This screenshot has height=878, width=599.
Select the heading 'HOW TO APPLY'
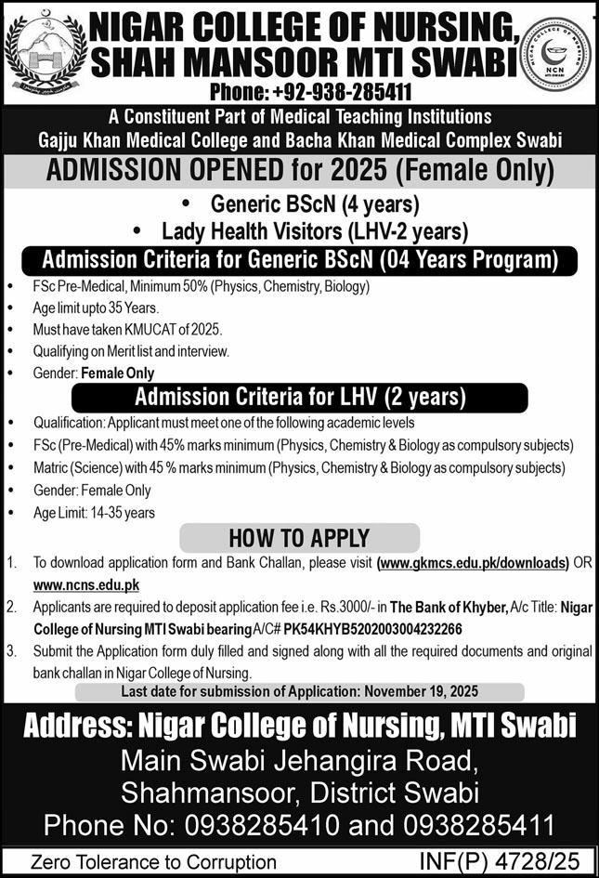point(299,538)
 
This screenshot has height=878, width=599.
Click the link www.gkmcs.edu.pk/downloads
point(472,563)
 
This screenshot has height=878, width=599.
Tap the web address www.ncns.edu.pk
point(86,584)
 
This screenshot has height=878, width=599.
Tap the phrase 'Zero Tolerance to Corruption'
point(153,862)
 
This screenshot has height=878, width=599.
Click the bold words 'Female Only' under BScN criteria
point(118,373)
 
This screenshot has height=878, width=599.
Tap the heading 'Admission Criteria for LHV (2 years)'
point(300,398)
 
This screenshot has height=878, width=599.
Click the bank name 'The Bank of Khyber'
point(449,607)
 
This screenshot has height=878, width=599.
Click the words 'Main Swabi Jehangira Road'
point(298,762)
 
